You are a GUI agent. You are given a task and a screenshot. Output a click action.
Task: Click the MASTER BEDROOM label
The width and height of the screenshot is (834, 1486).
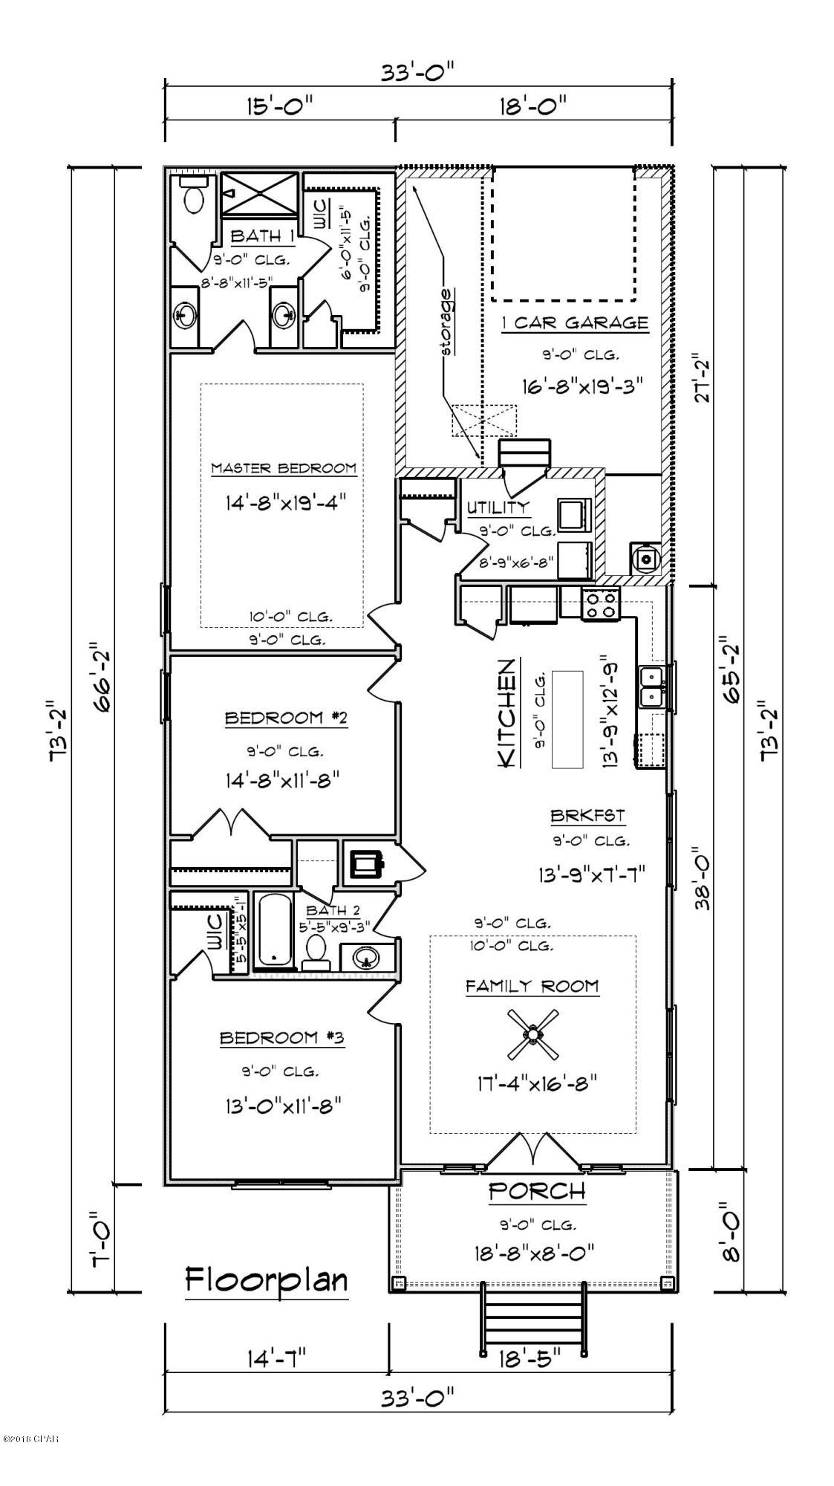pyautogui.click(x=283, y=469)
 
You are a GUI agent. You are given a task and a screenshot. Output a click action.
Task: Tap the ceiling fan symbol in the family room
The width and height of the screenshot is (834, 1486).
pyautogui.click(x=532, y=1034)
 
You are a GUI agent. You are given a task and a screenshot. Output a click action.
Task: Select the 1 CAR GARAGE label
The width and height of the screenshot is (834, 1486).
pyautogui.click(x=573, y=323)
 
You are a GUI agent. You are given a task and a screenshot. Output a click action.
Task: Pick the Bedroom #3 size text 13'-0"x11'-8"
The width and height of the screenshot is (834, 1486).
pyautogui.click(x=282, y=1107)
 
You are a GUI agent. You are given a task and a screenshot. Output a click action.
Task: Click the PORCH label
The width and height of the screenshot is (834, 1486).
pyautogui.click(x=536, y=1191)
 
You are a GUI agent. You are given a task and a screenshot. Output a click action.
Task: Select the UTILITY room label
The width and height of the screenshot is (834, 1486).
pyautogui.click(x=498, y=507)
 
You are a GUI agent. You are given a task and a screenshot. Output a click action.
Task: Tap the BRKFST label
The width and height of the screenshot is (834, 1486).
pyautogui.click(x=587, y=816)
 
